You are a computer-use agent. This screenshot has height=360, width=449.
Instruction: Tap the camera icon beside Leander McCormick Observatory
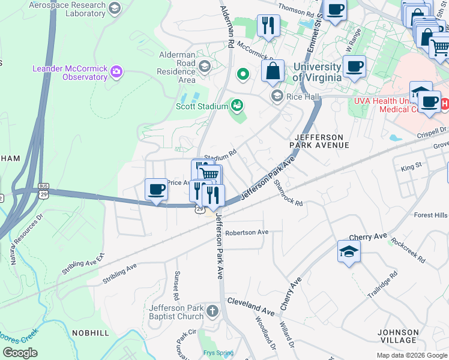pos(116,73)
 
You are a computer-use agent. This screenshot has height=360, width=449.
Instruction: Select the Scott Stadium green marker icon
pos(237,106)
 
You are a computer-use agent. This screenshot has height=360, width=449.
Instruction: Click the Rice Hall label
pos(303,97)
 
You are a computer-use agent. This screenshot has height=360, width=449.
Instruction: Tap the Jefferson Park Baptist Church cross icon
pos(212,311)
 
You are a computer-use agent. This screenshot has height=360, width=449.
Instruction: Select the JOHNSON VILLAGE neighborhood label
pos(398,337)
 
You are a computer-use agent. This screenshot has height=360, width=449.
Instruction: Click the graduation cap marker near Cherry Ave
pos(349,251)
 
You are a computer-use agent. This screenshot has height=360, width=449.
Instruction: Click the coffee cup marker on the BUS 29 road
pos(156,190)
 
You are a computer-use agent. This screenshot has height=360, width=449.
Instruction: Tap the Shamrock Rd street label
pos(288,193)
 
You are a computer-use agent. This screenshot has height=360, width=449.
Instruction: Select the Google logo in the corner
pos(20,353)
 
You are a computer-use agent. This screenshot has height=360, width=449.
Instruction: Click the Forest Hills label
pos(431,215)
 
